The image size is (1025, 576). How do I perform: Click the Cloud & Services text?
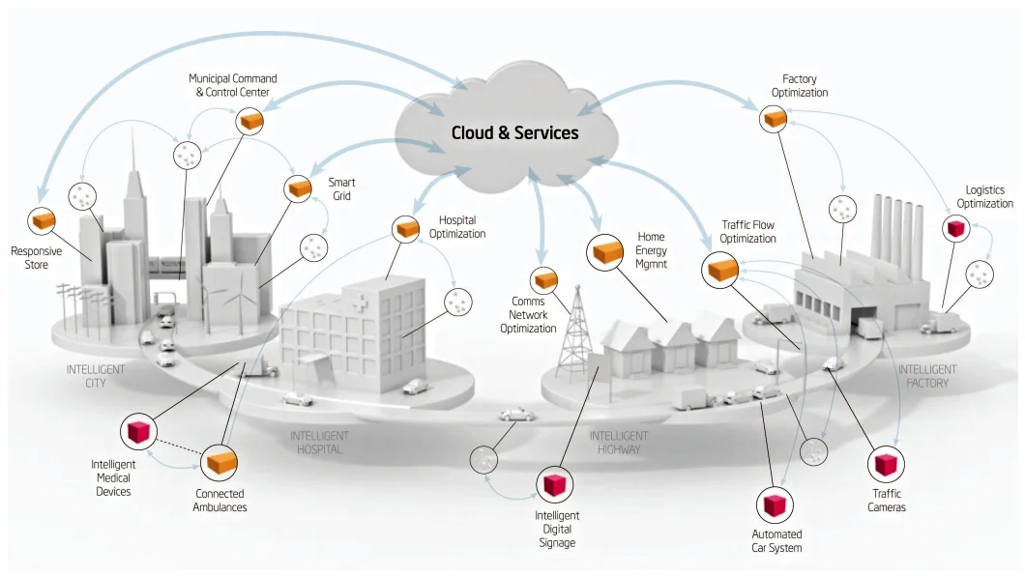pyautogui.click(x=514, y=132)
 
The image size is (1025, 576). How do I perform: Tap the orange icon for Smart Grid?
pyautogui.click(x=298, y=187)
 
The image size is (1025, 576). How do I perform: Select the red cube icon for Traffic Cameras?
pyautogui.click(x=885, y=465)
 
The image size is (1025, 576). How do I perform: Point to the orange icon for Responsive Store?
pyautogui.click(x=42, y=221)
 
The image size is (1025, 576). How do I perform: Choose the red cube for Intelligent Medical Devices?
pyautogui.click(x=137, y=431)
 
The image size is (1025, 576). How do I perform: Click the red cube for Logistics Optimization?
pyautogui.click(x=955, y=228)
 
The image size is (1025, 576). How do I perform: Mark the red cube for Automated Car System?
pyautogui.click(x=775, y=504)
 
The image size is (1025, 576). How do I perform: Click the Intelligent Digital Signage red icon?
pyautogui.click(x=554, y=484)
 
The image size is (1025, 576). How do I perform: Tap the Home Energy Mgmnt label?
pyautogui.click(x=651, y=249)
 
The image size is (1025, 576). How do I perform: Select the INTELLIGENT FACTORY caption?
pyautogui.click(x=927, y=376)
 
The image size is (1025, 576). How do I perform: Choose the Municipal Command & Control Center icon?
pyautogui.click(x=250, y=121)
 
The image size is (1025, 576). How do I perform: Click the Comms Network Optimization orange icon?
pyautogui.click(x=545, y=280)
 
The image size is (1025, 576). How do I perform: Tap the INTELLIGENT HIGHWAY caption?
pyautogui.click(x=619, y=443)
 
